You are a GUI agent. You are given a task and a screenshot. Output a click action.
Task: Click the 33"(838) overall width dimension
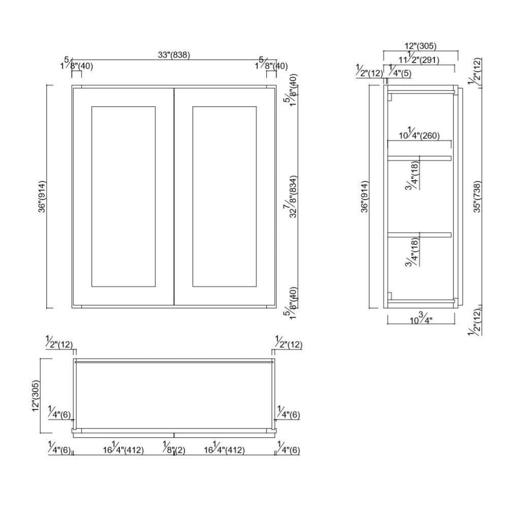click(x=174, y=55)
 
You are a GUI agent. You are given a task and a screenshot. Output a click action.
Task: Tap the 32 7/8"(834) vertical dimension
click(x=290, y=197)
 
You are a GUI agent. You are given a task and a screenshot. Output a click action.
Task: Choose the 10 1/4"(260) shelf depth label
click(x=419, y=135)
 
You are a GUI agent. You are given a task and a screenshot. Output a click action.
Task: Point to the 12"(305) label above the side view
click(x=421, y=46)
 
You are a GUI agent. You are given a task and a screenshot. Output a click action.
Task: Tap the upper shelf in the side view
click(x=419, y=158)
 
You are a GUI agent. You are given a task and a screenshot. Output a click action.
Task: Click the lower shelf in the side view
click(x=419, y=235)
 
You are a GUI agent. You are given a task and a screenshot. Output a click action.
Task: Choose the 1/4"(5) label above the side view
click(x=400, y=72)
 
